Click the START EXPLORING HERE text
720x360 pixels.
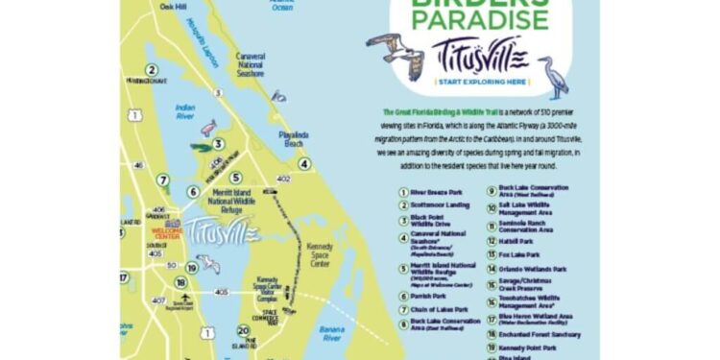[479, 83]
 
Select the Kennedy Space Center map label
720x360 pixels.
[319, 254]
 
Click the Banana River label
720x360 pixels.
[332, 333]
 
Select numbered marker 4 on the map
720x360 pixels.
[303, 163]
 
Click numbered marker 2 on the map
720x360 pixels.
[151, 69]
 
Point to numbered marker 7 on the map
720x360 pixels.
[163, 180]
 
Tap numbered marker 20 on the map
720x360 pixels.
[243, 330]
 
